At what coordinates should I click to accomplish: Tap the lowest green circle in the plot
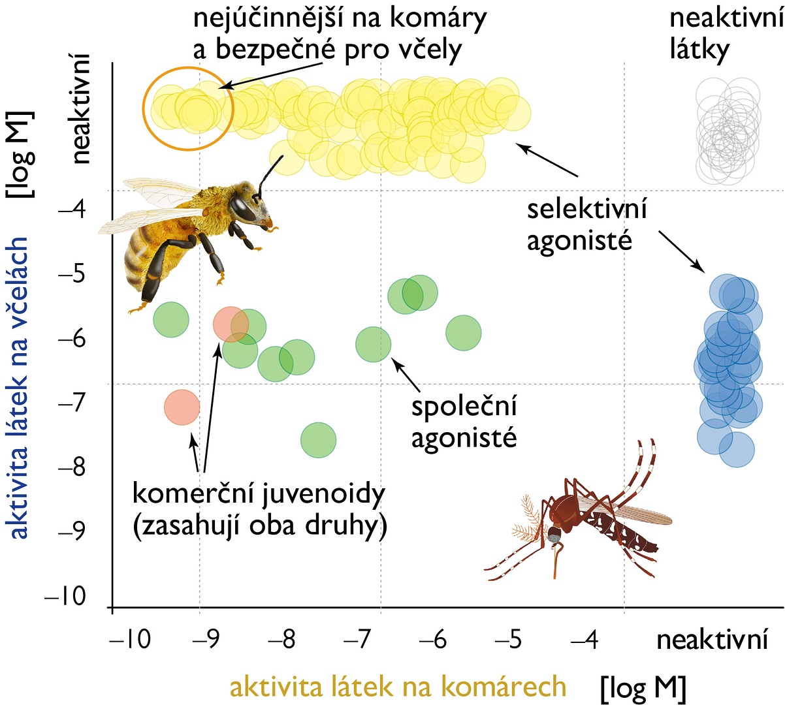[x=318, y=441]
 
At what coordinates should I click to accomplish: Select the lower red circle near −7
[x=182, y=407]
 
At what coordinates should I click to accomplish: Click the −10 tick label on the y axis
[x=65, y=597]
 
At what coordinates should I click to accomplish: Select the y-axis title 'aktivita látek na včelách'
[x=18, y=387]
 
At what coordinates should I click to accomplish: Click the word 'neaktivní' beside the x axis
[x=712, y=640]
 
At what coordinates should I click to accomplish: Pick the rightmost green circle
[x=464, y=333]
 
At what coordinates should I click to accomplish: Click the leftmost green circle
[x=171, y=320]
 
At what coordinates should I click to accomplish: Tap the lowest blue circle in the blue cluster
[x=737, y=449]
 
